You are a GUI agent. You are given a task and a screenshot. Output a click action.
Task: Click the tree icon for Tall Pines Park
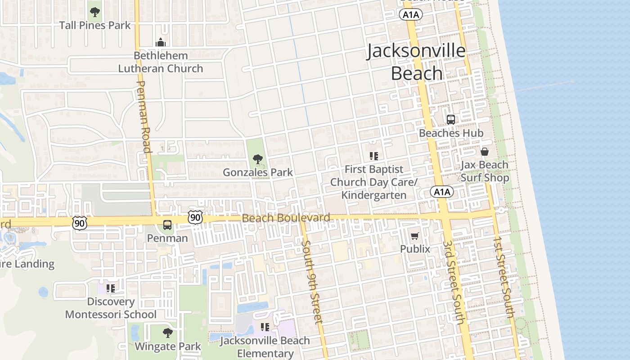94,12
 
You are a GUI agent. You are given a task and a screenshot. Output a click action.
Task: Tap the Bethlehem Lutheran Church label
161,62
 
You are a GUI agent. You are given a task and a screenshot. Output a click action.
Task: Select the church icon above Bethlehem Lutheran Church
161,43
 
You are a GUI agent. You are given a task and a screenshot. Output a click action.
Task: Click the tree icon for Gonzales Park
258,159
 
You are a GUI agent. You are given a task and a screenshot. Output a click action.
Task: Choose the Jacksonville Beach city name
416,62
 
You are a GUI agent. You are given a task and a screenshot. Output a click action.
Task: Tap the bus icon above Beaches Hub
451,119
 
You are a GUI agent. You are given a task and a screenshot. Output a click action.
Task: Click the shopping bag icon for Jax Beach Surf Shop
485,151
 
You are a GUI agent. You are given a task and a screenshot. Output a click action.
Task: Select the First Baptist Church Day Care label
373,182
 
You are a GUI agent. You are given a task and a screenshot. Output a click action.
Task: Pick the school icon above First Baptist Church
373,156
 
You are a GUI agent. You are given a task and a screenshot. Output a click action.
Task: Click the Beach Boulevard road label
286,218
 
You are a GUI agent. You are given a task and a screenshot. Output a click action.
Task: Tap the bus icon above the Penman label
167,225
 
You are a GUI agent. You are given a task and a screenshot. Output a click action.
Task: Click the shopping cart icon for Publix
415,236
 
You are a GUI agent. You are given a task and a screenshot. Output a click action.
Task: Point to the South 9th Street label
311,281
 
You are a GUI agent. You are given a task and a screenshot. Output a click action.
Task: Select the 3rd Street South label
453,282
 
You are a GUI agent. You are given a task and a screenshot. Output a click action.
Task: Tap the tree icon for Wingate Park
168,333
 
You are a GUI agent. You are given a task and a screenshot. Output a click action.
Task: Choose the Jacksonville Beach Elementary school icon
265,327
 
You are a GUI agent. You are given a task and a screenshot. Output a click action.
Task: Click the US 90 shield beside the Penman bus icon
195,218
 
